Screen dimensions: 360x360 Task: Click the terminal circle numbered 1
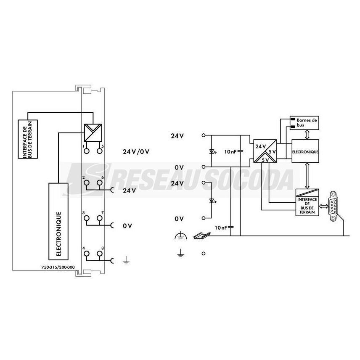pyautogui.click(x=87, y=151)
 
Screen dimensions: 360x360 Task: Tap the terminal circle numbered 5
pyautogui.click(x=99, y=151)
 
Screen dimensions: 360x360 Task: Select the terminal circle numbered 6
pyautogui.click(x=99, y=183)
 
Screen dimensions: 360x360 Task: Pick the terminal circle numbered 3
pyautogui.click(x=87, y=218)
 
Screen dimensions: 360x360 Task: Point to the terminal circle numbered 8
pyautogui.click(x=99, y=254)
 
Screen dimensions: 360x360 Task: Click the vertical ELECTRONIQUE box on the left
pyautogui.click(x=58, y=221)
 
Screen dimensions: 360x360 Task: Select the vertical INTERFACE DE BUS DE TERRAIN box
pyautogui.click(x=28, y=139)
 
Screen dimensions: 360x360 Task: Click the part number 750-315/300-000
pyautogui.click(x=58, y=267)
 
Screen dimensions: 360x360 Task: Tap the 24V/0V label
pyautogui.click(x=136, y=151)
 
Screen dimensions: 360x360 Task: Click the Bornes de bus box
pyautogui.click(x=304, y=123)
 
